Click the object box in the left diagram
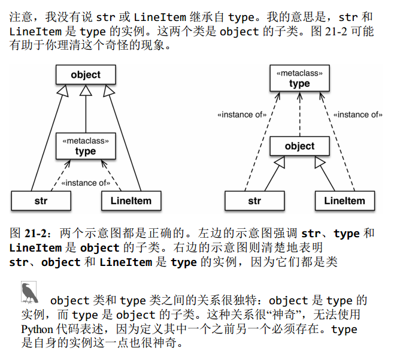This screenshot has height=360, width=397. pyautogui.click(x=86, y=75)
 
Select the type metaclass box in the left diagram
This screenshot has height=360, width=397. pyautogui.click(x=86, y=146)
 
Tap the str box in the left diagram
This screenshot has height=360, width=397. pyautogui.click(x=41, y=201)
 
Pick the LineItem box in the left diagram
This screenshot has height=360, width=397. pyautogui.click(x=131, y=201)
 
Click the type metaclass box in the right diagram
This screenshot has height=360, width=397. pyautogui.click(x=299, y=78)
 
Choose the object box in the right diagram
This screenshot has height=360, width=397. pyautogui.click(x=299, y=146)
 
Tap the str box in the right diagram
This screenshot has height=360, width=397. pyautogui.click(x=254, y=201)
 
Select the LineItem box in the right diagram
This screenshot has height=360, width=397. pyautogui.click(x=344, y=201)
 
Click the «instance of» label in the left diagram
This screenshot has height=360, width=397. pyautogui.click(x=86, y=183)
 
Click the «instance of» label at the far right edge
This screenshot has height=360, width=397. pyautogui.click(x=357, y=114)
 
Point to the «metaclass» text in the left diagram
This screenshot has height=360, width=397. pyautogui.click(x=86, y=141)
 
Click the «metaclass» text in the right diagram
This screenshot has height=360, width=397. pyautogui.click(x=299, y=73)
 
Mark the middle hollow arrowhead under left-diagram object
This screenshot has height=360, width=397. pyautogui.click(x=86, y=90)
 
